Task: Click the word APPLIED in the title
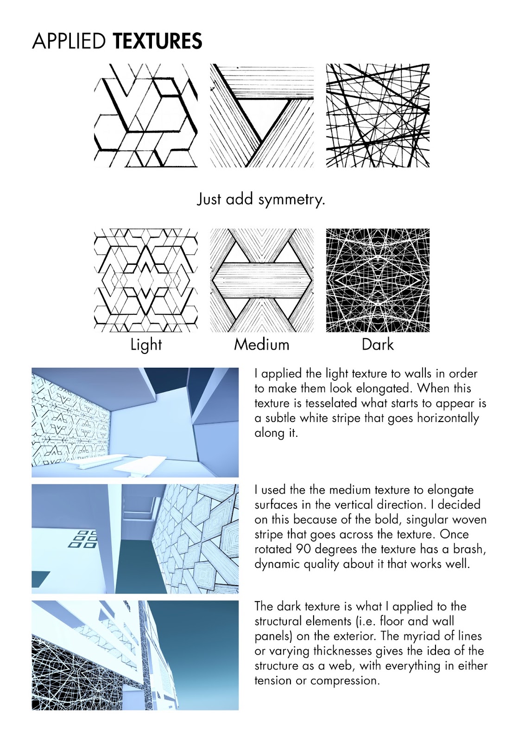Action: (x=69, y=41)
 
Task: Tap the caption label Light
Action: (x=146, y=345)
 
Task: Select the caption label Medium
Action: (x=261, y=345)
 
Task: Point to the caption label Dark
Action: (x=378, y=345)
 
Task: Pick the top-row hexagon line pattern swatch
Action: (x=146, y=115)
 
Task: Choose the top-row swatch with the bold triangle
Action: (x=262, y=115)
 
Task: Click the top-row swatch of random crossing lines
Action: (x=378, y=115)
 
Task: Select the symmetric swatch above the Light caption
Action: (x=146, y=280)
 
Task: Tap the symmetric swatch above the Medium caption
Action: (x=262, y=280)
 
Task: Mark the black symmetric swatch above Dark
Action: (x=378, y=280)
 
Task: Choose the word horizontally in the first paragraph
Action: (x=448, y=418)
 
